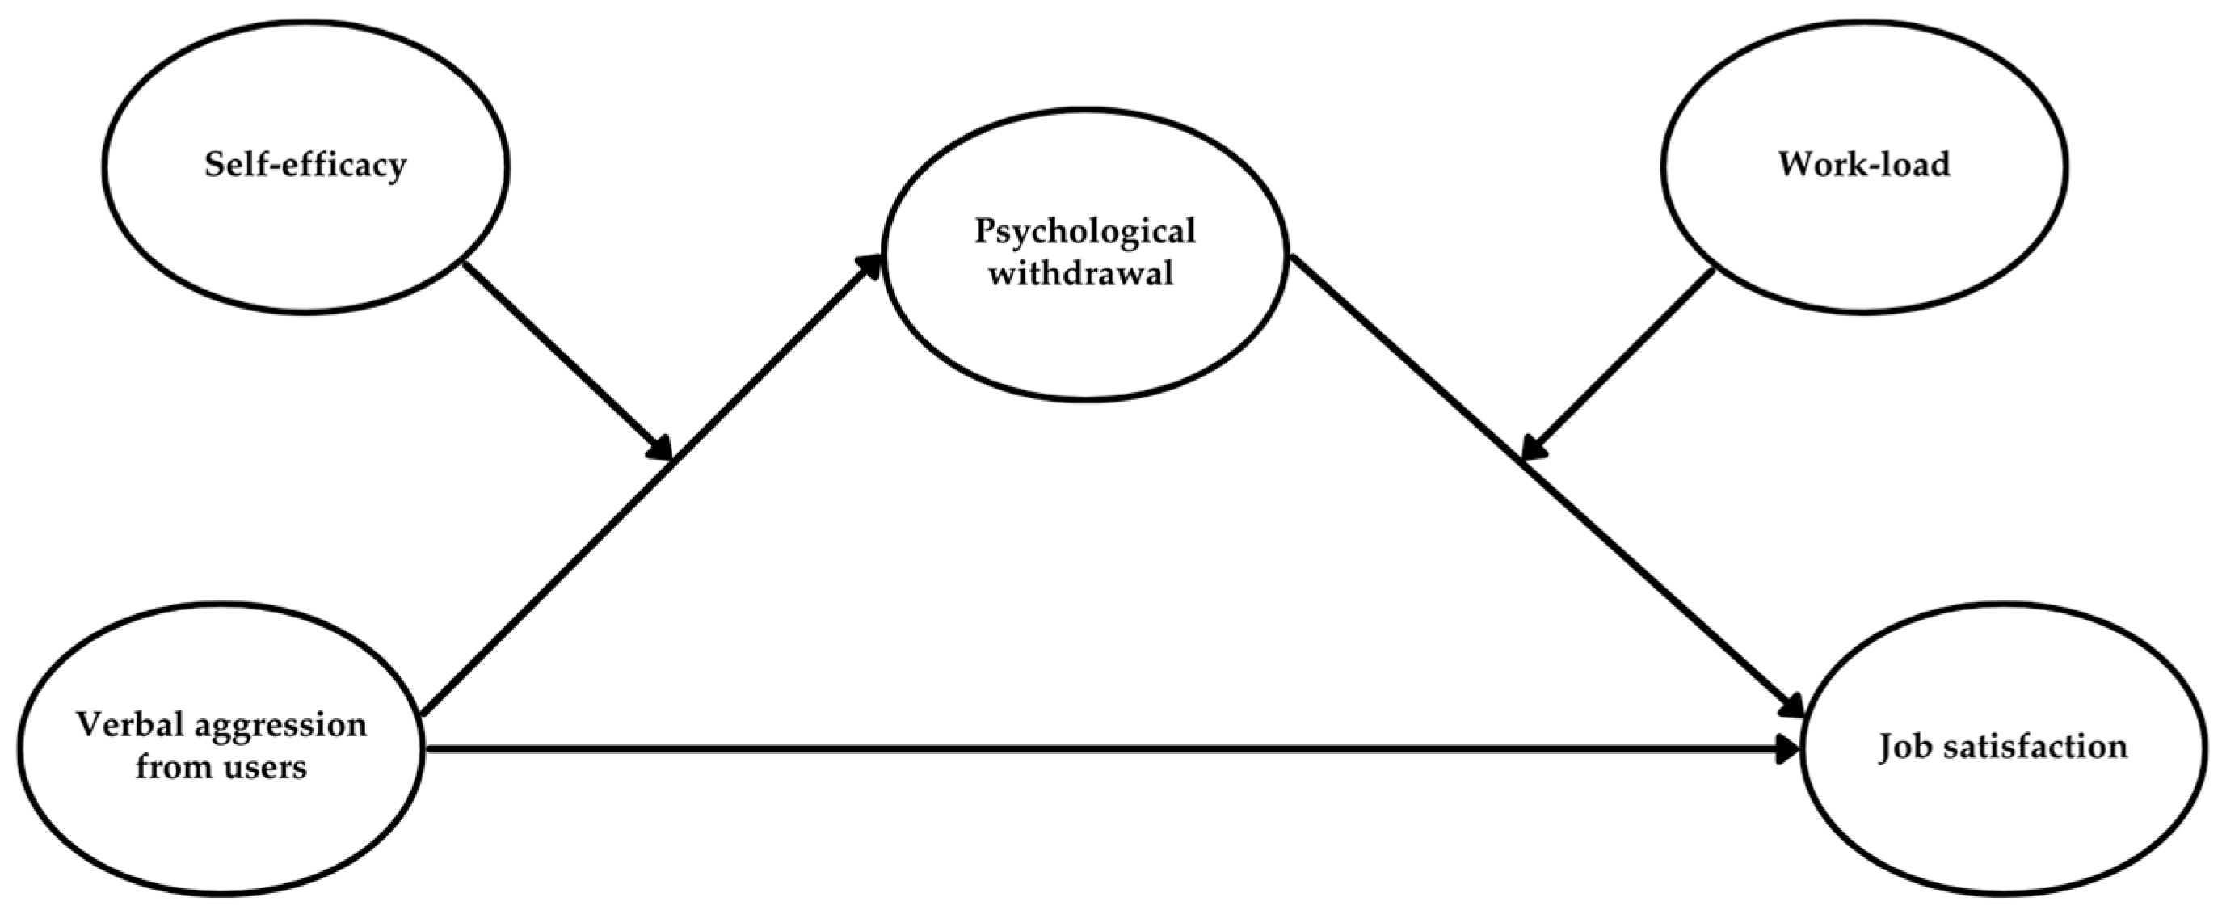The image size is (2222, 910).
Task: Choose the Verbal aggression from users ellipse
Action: coord(221,828)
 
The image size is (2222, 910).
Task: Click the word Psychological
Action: coord(1085,231)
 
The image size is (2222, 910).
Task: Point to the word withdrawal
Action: coord(1081,274)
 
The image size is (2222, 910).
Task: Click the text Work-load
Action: coord(1864,164)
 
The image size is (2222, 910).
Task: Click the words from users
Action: coord(221,767)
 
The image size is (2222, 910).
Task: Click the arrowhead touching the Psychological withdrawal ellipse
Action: coord(868,266)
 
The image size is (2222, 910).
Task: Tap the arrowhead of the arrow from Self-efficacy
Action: coord(661,449)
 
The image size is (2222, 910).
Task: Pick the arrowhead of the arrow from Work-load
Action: coord(1533,448)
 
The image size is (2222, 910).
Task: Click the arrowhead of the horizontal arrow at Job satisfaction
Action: coord(1786,749)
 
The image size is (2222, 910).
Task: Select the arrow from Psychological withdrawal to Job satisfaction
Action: coord(1544,483)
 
